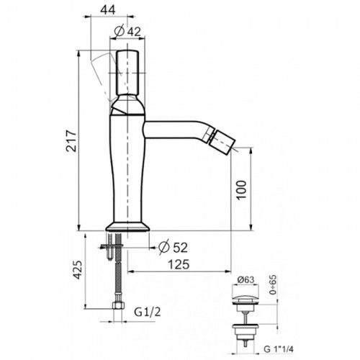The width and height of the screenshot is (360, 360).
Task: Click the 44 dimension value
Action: pyautogui.click(x=107, y=9)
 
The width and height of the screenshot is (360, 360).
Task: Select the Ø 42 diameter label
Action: pyautogui.click(x=127, y=31)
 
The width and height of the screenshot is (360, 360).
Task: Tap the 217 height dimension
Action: pyautogui.click(x=71, y=141)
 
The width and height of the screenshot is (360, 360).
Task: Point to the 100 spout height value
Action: pyautogui.click(x=240, y=190)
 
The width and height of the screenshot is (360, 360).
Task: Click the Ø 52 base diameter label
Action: pyautogui.click(x=173, y=247)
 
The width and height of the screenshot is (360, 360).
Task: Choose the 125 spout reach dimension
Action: pyautogui.click(x=179, y=264)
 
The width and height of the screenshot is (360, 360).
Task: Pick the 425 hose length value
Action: pyautogui.click(x=78, y=269)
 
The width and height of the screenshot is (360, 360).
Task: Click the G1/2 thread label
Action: pyautogui.click(x=147, y=312)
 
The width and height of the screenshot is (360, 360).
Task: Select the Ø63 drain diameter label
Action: pyautogui.click(x=246, y=280)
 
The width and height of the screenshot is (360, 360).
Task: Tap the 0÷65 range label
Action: pyautogui.click(x=273, y=285)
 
